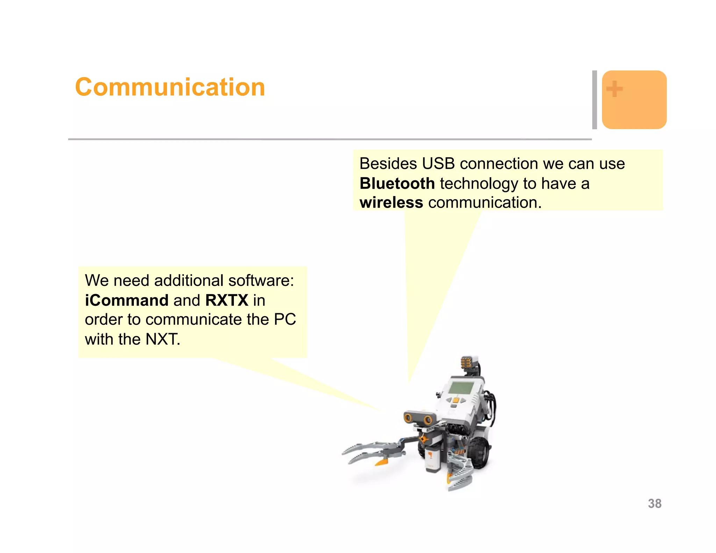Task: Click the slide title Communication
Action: coord(170,87)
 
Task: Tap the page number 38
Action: coord(654,504)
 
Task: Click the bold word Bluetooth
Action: coord(397,184)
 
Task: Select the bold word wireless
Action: coord(391,203)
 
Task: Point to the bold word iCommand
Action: coord(127,301)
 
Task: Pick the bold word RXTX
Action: coord(227,301)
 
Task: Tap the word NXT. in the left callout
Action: coord(163,339)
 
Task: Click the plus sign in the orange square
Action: coord(614,89)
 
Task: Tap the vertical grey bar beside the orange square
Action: coord(594,100)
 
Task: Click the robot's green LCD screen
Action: coord(461,388)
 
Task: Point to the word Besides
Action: coord(388,164)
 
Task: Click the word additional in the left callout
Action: coord(188,281)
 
